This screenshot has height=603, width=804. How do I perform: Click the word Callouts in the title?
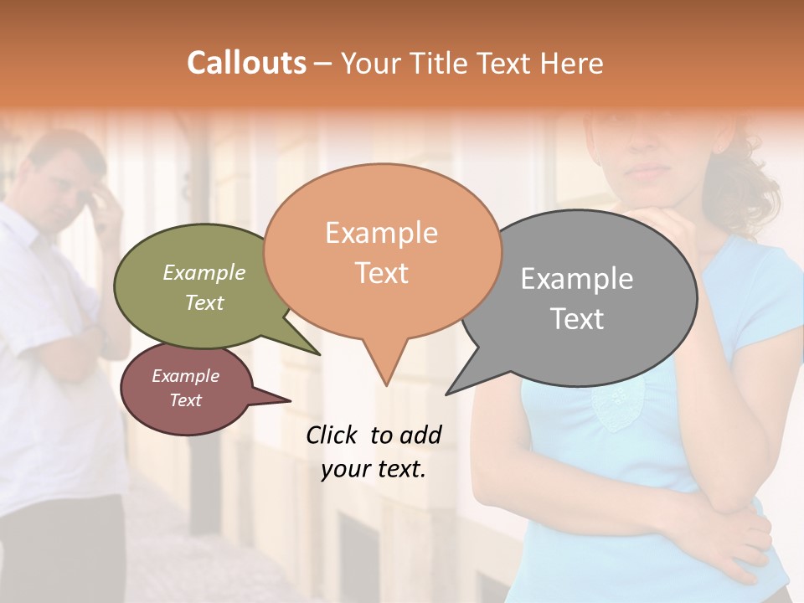coord(246,63)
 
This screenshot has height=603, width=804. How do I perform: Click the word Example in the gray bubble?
coord(577,279)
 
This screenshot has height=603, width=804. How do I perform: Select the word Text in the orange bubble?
coord(382,273)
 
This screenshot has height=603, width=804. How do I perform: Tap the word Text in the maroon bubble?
coord(186,400)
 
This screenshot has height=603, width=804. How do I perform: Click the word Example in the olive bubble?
coord(204,272)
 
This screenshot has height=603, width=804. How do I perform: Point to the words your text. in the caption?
coord(374,469)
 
